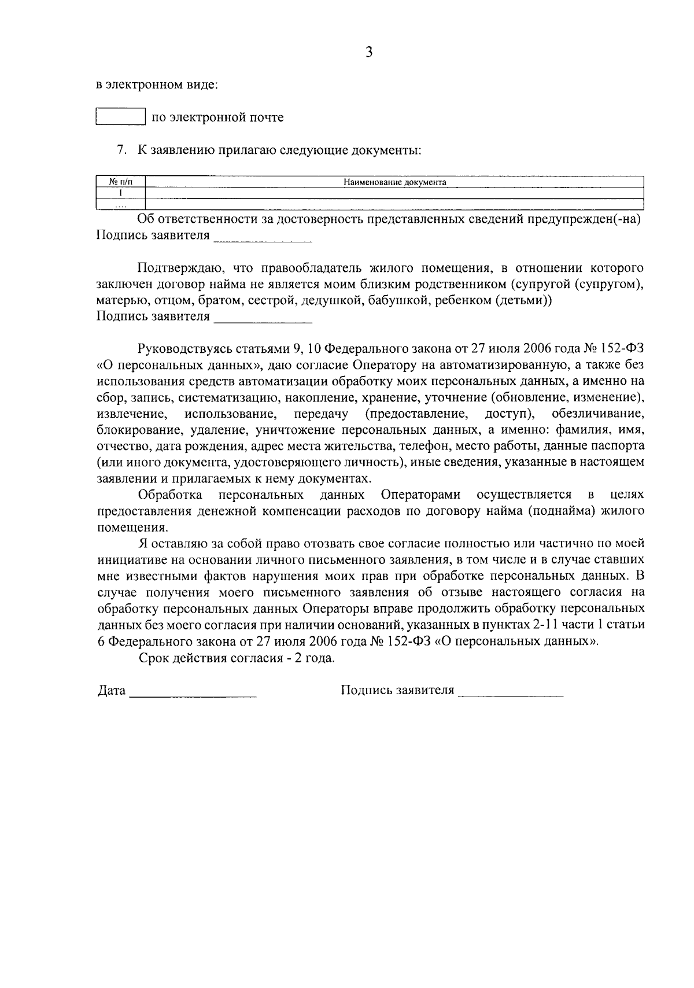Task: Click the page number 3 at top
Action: tap(370, 53)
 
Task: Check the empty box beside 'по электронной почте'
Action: tap(120, 117)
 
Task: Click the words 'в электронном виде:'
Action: tap(157, 86)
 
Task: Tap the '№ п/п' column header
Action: tap(120, 182)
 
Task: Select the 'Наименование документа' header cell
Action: tap(394, 182)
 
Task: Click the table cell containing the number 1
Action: tap(120, 193)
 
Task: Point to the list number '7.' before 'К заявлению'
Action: tap(121, 150)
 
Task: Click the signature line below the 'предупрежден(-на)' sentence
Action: tap(263, 237)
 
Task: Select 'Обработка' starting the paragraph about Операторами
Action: tap(170, 495)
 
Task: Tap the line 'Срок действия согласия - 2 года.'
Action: tap(237, 658)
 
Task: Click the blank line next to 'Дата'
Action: tap(193, 692)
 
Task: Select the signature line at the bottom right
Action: tap(510, 692)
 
